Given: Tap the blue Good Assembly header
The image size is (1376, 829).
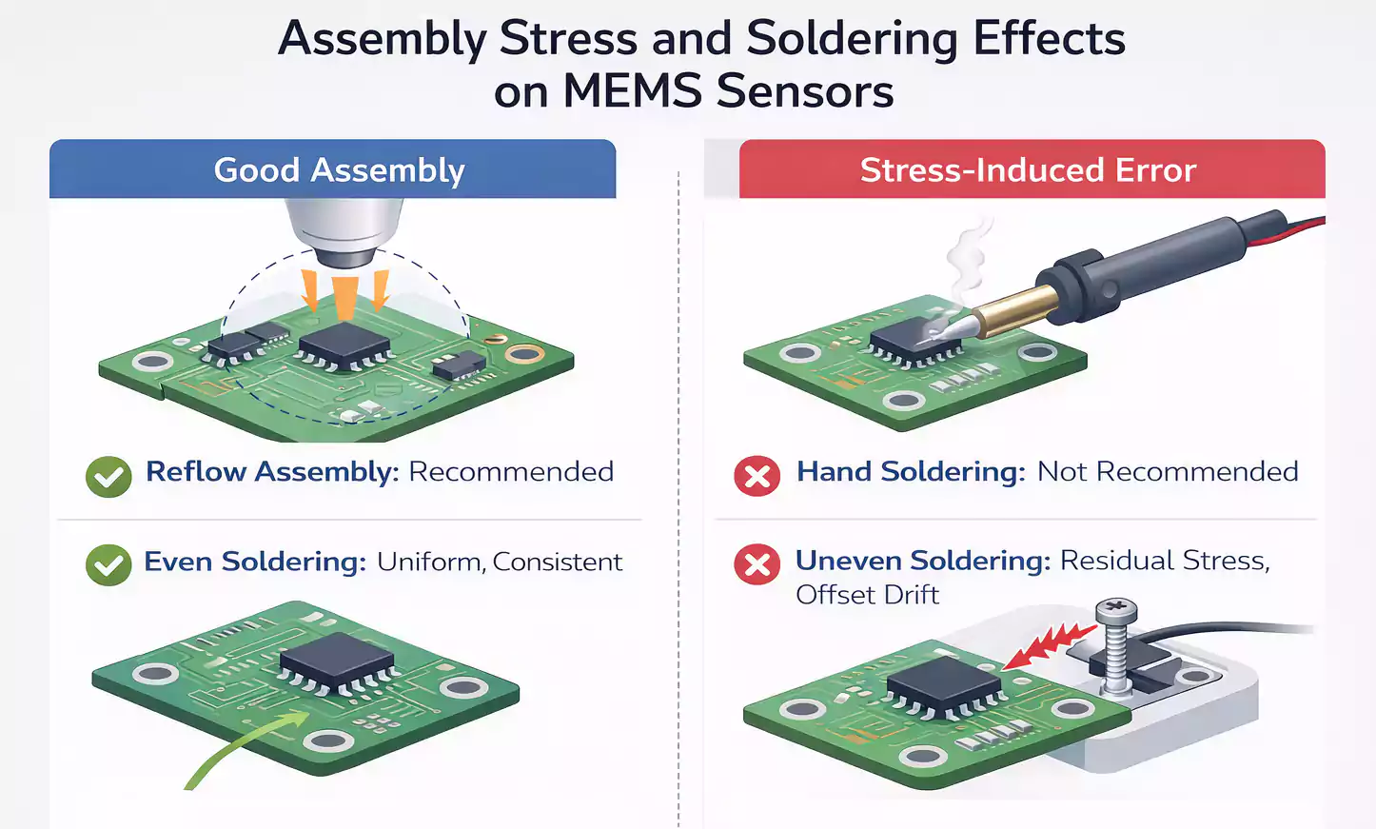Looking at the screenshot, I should pyautogui.click(x=338, y=169).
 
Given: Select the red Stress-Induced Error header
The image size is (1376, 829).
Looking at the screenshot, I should pyautogui.click(x=1028, y=169).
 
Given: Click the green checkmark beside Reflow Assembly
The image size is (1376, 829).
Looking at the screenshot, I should pyautogui.click(x=108, y=476).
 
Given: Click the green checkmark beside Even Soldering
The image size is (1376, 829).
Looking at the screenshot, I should pyautogui.click(x=108, y=565).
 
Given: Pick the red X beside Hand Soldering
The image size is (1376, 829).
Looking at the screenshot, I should pyautogui.click(x=757, y=476).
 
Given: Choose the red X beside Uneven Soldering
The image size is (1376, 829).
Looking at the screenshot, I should pyautogui.click(x=757, y=564).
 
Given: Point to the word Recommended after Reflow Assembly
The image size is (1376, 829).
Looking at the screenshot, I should pyautogui.click(x=510, y=472).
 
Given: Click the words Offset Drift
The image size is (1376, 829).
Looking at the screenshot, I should pyautogui.click(x=867, y=595).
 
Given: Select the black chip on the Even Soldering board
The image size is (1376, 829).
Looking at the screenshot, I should pyautogui.click(x=336, y=658).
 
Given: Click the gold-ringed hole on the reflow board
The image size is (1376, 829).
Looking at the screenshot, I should pyautogui.click(x=524, y=355).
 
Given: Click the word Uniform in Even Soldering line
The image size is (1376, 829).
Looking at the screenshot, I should pyautogui.click(x=429, y=563).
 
